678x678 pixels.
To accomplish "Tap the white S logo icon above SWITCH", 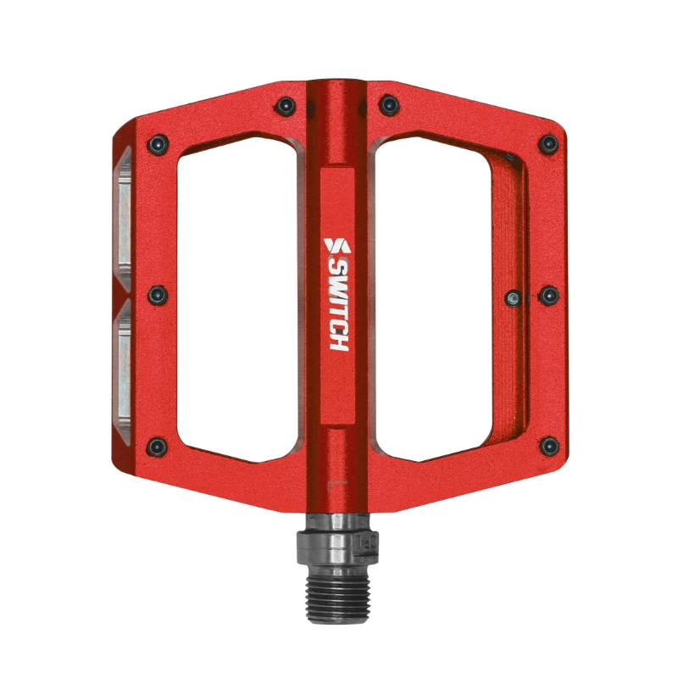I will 336,245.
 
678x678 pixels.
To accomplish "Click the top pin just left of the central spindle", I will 286,106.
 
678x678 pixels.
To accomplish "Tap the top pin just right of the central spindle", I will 388,105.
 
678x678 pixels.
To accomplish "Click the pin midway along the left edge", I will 157,295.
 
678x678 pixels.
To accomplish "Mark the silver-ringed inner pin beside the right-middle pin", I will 513,297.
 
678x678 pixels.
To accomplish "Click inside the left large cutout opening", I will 237,297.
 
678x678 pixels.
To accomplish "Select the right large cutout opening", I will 436,297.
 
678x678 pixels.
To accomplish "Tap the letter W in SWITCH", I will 336,284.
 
